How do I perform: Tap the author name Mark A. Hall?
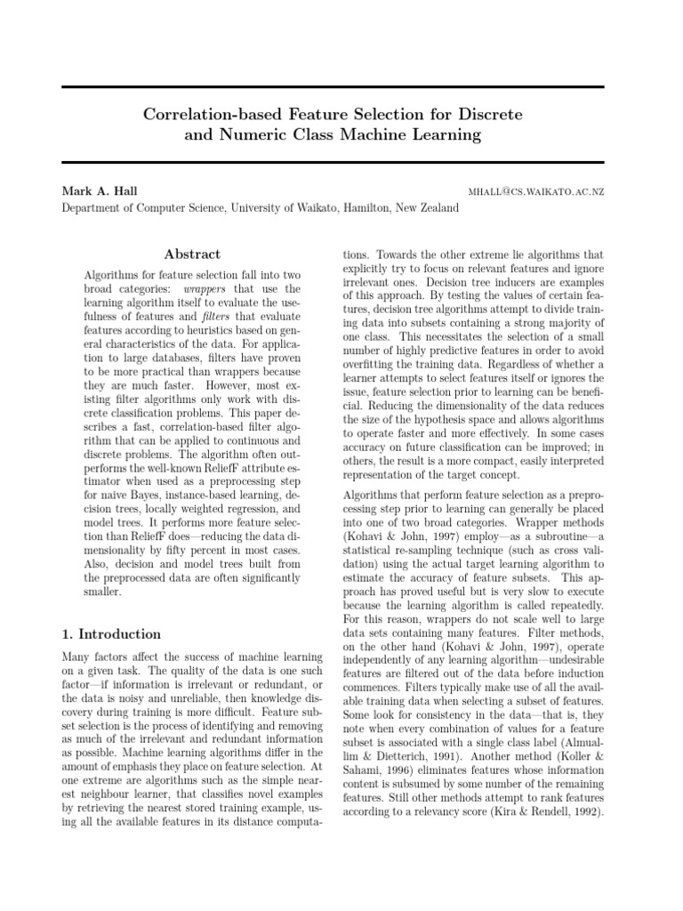[x=99, y=191]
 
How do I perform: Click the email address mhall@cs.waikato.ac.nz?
[x=536, y=192]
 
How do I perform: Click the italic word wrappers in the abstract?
[x=207, y=290]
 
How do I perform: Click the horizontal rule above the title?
[x=333, y=86]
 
